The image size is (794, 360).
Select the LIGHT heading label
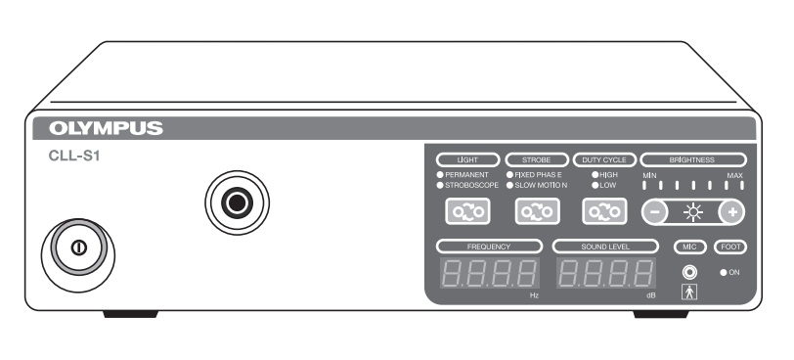click(465, 157)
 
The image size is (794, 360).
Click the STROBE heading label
click(536, 157)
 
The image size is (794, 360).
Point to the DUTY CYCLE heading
click(603, 157)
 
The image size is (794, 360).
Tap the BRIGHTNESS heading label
click(691, 157)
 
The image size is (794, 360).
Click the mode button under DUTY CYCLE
click(603, 210)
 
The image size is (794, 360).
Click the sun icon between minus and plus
click(692, 210)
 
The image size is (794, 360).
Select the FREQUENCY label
click(489, 246)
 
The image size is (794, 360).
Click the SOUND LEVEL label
click(604, 246)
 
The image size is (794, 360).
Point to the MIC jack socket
click(689, 272)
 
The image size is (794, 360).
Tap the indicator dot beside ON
click(723, 272)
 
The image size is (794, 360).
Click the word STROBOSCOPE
click(472, 183)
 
